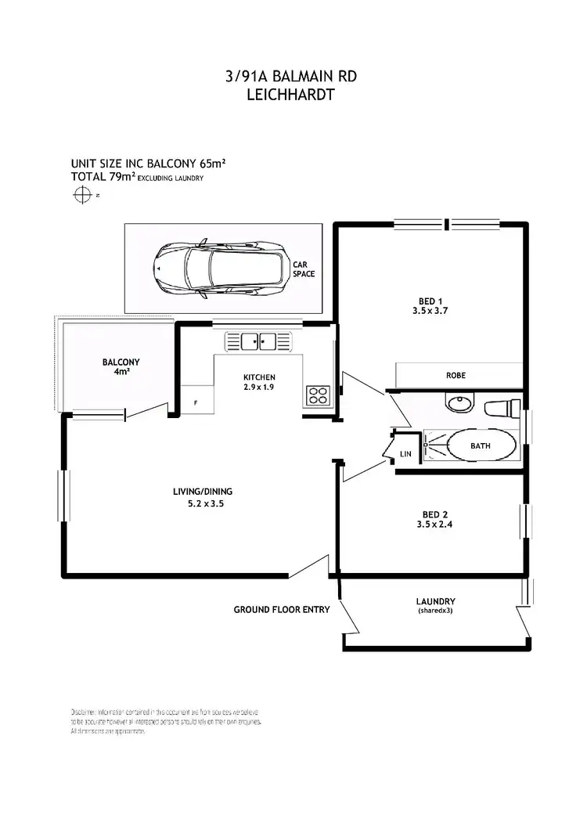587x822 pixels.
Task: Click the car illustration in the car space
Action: [x=221, y=269]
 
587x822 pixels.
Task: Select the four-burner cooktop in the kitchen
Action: [x=318, y=395]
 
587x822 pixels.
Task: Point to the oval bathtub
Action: [x=481, y=446]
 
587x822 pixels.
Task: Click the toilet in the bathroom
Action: [x=502, y=408]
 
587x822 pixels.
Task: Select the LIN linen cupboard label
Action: [x=405, y=453]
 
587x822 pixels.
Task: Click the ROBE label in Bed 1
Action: [x=456, y=376]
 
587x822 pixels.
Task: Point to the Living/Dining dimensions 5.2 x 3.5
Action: [x=201, y=505]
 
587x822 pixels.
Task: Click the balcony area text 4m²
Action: [x=121, y=373]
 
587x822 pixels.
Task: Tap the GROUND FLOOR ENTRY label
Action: [x=282, y=609]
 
